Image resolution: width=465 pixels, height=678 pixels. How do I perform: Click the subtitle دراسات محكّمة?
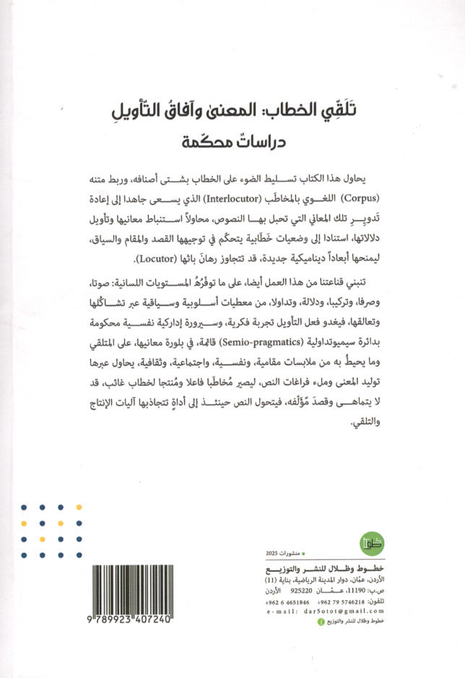232,141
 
